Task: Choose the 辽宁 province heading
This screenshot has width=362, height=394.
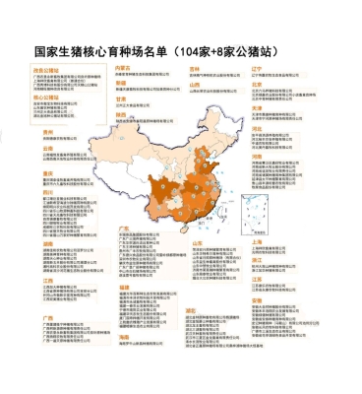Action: (x=257, y=69)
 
